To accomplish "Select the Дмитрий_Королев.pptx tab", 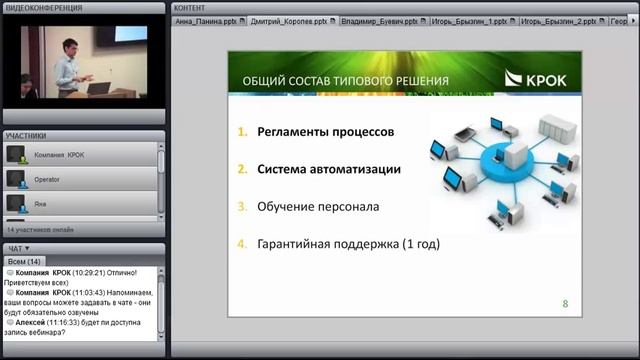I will click(287, 20).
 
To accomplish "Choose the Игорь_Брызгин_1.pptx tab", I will click(469, 20).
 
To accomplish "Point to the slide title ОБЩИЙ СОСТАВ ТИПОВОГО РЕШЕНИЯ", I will click(345, 80).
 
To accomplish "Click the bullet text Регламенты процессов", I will click(326, 132).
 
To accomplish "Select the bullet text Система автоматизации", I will click(329, 169).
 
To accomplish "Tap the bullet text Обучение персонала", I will click(318, 207).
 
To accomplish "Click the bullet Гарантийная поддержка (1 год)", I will click(348, 243).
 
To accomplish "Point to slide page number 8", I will click(565, 302).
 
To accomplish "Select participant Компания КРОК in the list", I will click(60, 155).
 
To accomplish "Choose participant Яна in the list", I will click(41, 203).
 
